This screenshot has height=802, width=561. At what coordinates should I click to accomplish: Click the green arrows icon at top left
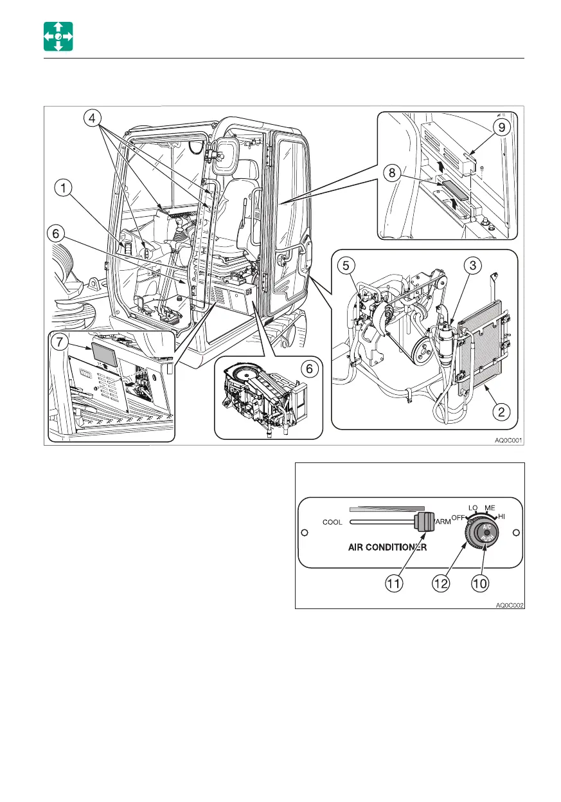click(58, 36)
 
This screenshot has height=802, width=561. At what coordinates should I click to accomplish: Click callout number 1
click(62, 188)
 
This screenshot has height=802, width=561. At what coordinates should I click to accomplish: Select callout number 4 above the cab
click(93, 118)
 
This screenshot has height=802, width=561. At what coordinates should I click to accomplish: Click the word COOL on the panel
click(332, 522)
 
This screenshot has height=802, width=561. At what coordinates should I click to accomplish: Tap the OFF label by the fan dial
click(458, 517)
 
